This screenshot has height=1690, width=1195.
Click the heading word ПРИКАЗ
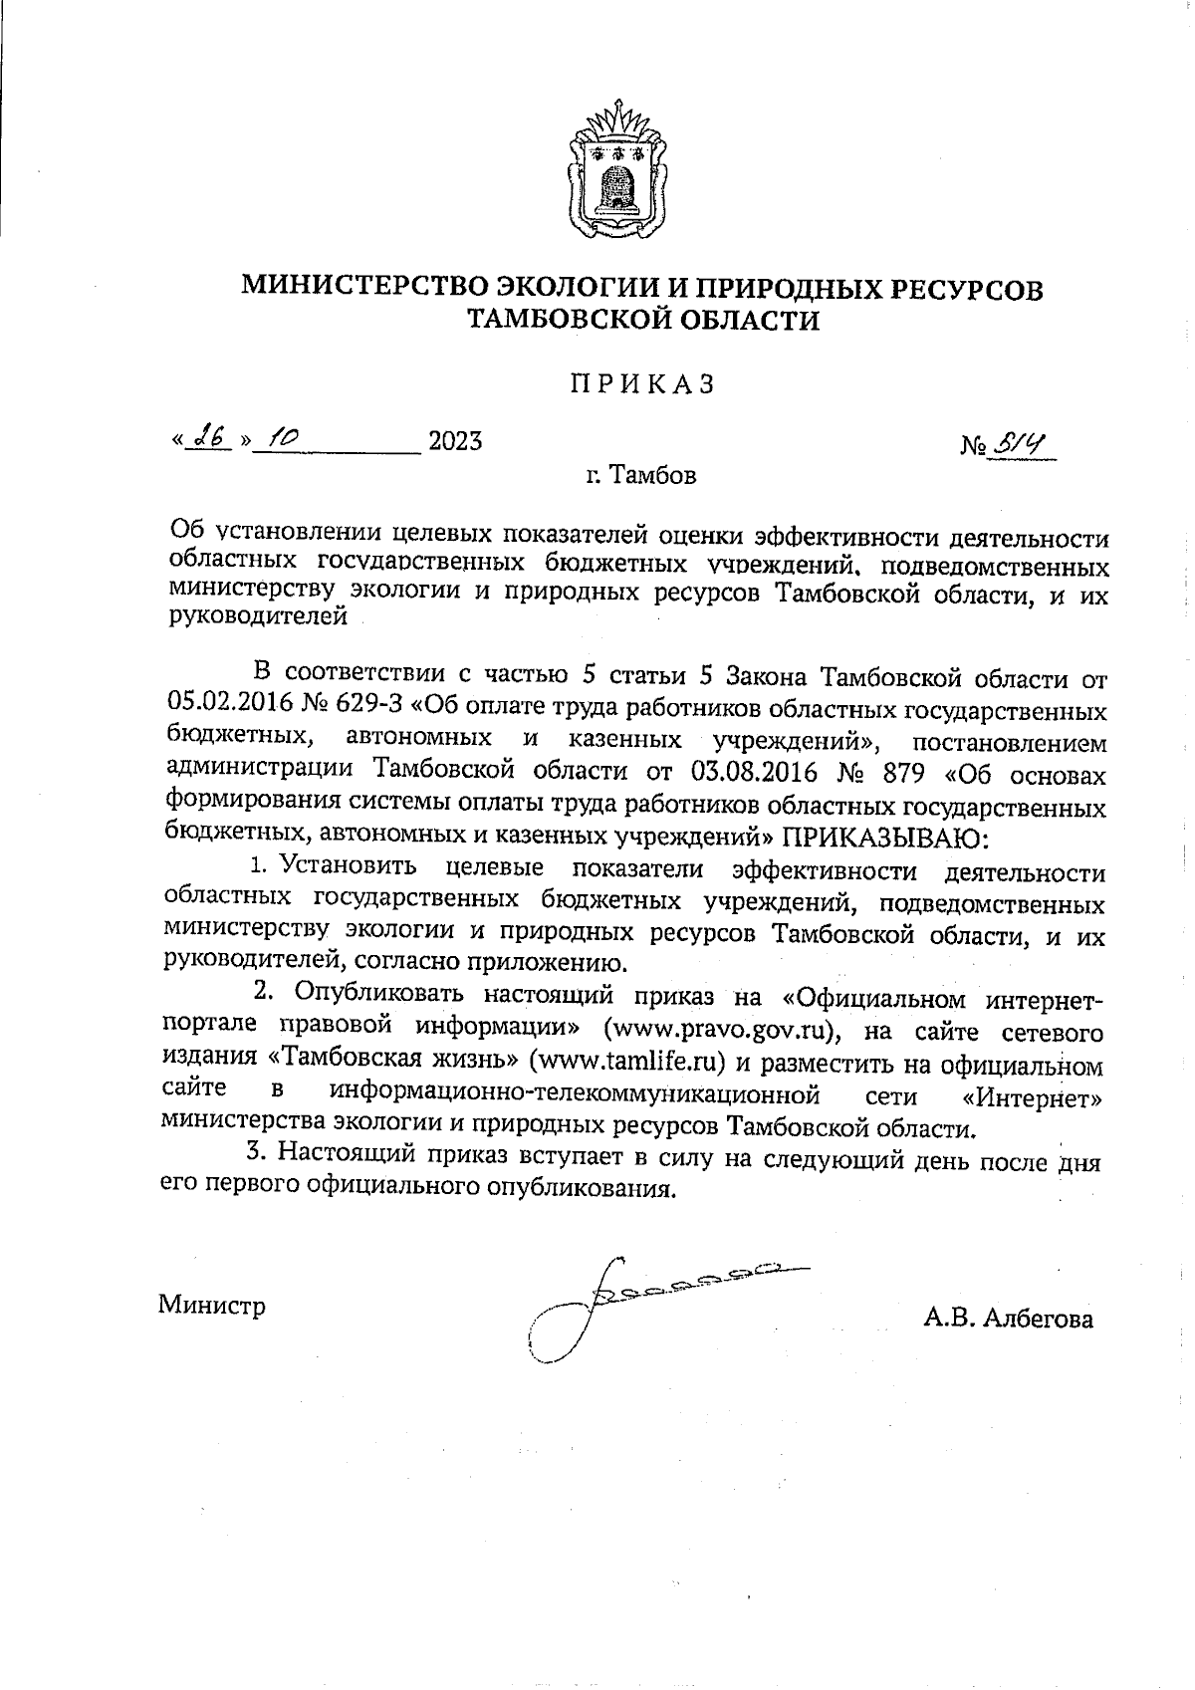pyautogui.click(x=642, y=384)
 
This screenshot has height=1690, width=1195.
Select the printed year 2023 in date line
pyautogui.click(x=455, y=440)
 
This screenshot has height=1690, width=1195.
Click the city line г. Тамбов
pyautogui.click(x=642, y=475)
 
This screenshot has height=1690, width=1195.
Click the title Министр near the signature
pyautogui.click(x=212, y=1305)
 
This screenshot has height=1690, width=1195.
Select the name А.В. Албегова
pyautogui.click(x=1008, y=1319)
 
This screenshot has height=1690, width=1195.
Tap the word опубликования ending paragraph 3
pyautogui.click(x=581, y=1189)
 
